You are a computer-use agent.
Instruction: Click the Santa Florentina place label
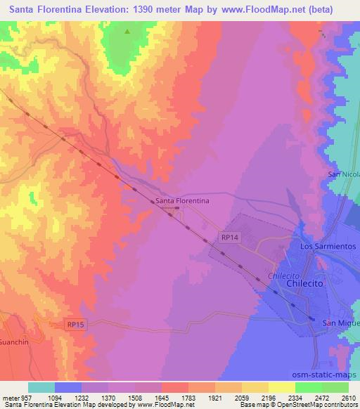click(x=182, y=201)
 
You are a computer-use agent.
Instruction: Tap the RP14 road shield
click(x=230, y=238)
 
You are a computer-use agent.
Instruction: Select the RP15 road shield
click(x=77, y=324)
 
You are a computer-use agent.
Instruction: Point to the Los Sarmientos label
click(x=328, y=247)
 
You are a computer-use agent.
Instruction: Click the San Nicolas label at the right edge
click(x=344, y=174)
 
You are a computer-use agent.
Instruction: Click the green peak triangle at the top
click(x=127, y=32)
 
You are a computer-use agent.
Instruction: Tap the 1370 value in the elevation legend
click(x=109, y=396)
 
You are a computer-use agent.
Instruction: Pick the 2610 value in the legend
click(x=349, y=396)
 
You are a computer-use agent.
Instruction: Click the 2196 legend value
click(x=269, y=396)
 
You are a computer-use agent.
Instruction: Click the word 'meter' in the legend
click(x=9, y=396)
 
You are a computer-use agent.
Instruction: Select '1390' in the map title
click(x=148, y=10)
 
